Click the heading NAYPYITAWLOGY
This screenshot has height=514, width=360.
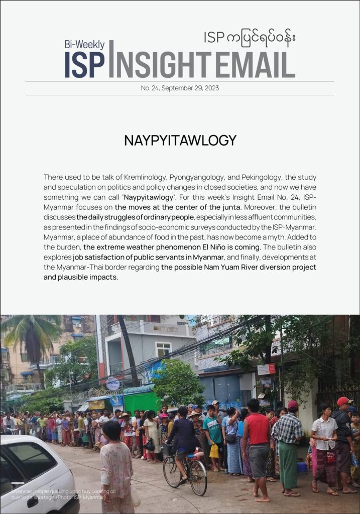point(180,140)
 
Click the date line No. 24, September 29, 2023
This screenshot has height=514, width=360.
point(180,88)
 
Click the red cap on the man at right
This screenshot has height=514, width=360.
point(343,401)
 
